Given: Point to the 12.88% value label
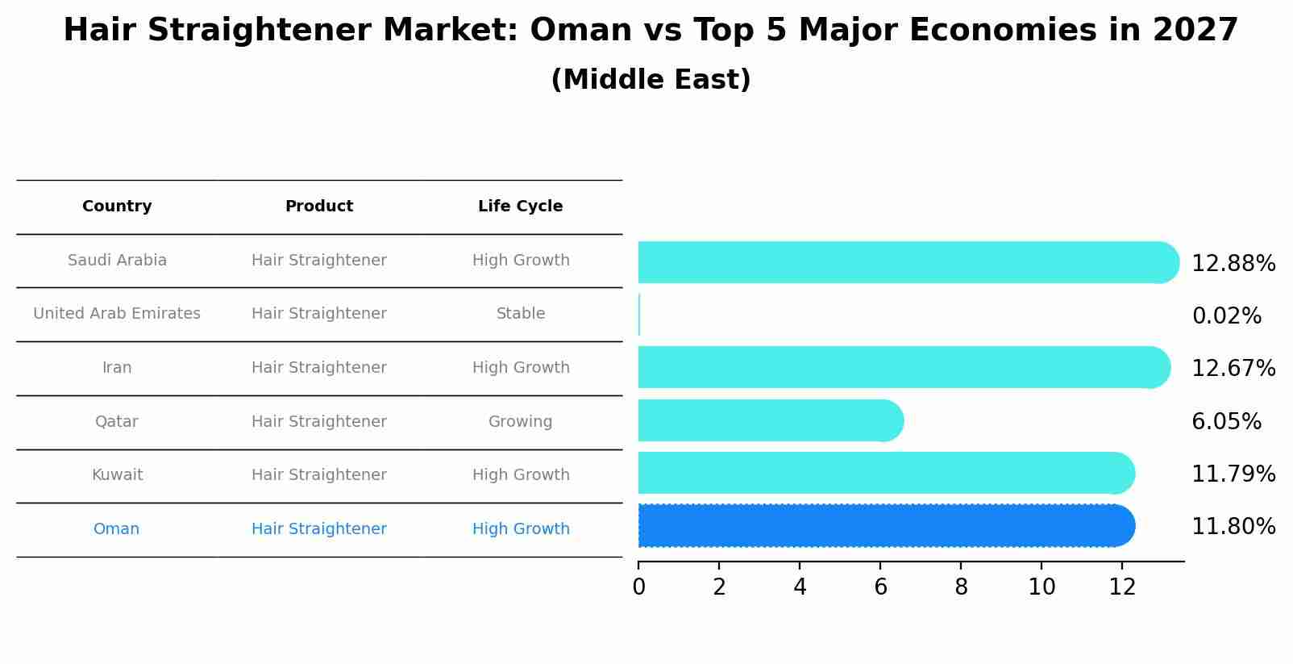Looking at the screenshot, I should [1233, 264].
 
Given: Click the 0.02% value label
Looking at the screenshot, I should [1226, 316].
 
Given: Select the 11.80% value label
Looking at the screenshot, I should [1233, 527].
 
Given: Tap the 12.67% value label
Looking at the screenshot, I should [1233, 369].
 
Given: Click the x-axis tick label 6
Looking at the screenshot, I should [880, 587].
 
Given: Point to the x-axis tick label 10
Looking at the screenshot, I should [1041, 587].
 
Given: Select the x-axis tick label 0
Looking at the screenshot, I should [638, 587].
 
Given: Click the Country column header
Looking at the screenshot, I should [117, 207].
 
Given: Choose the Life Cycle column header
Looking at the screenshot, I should [520, 207].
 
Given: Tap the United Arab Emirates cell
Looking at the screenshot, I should [117, 314].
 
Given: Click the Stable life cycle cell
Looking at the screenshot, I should [520, 314].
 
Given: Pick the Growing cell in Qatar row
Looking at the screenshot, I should [520, 422].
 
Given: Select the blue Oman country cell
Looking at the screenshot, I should [116, 529].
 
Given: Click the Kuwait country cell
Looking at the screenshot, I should [117, 475].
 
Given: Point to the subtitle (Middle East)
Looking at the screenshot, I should [651, 80].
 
